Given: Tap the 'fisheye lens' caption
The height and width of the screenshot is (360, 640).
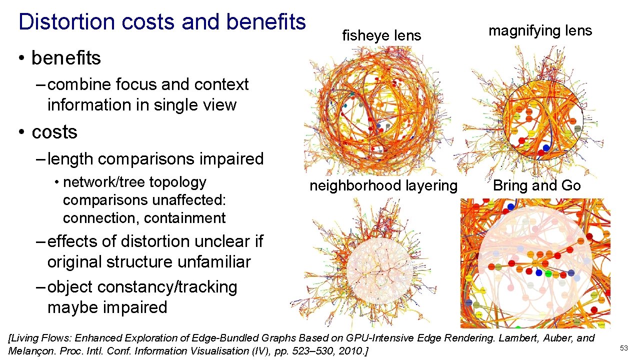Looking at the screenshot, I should coord(381,35).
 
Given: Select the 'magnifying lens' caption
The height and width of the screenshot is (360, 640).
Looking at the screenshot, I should coord(540,31).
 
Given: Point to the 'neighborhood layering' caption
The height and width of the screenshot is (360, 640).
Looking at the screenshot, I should coord(383,186).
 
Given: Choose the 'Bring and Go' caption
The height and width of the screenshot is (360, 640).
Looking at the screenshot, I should coord(537,186).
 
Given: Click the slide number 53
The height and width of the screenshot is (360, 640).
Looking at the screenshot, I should coord(623,347).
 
